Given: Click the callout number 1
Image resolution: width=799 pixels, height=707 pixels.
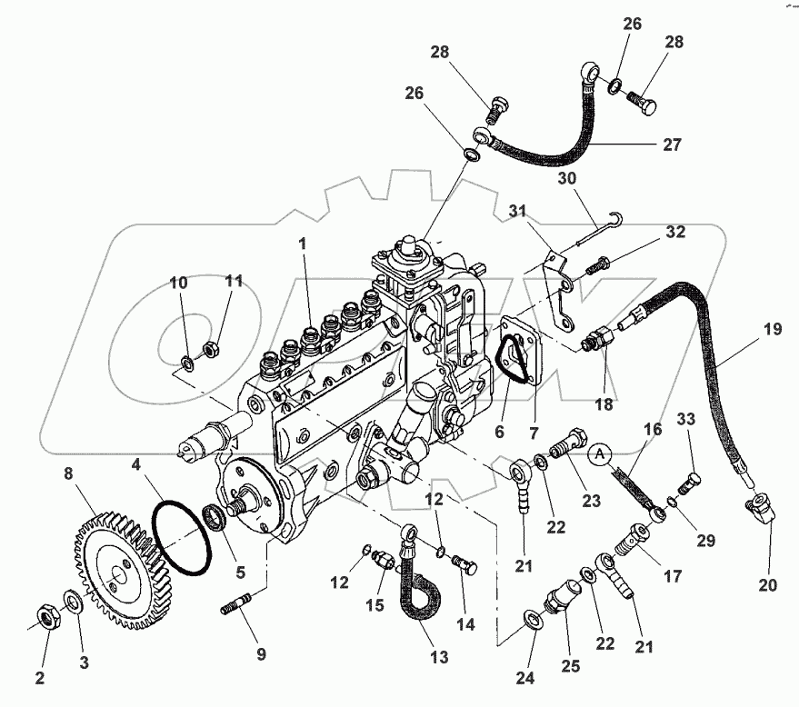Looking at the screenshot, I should pyautogui.click(x=303, y=244).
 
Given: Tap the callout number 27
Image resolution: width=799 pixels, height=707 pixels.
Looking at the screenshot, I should pyautogui.click(x=670, y=144).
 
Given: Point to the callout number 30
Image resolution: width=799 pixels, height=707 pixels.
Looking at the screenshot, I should pyautogui.click(x=567, y=179).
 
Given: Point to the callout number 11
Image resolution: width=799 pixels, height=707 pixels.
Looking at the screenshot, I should pyautogui.click(x=234, y=282).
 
